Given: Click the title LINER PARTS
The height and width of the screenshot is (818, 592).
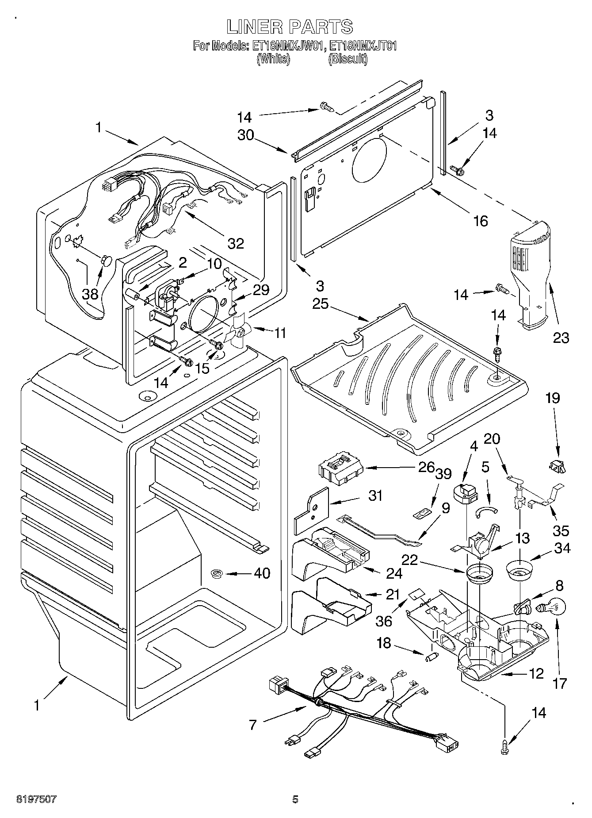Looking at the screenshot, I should click(x=290, y=27).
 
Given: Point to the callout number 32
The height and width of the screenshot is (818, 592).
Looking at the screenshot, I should click(x=235, y=243).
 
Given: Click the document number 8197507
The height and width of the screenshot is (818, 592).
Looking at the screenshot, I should click(x=37, y=799).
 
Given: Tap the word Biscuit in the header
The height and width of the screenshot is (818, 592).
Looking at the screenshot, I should click(x=348, y=59).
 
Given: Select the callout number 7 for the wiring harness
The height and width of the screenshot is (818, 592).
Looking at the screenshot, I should click(x=253, y=725).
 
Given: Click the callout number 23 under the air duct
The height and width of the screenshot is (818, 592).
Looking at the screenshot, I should click(x=561, y=338).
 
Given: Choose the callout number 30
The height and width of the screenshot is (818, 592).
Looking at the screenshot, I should click(x=246, y=135).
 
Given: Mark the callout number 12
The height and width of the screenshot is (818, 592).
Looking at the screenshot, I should click(x=536, y=674).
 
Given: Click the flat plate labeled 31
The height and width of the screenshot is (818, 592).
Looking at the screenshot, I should click(x=311, y=511).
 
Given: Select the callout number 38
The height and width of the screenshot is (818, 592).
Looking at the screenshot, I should click(x=91, y=293).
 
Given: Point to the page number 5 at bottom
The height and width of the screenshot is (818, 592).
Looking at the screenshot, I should click(x=295, y=799).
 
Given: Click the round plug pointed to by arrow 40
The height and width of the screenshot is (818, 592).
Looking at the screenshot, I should click(x=217, y=574).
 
